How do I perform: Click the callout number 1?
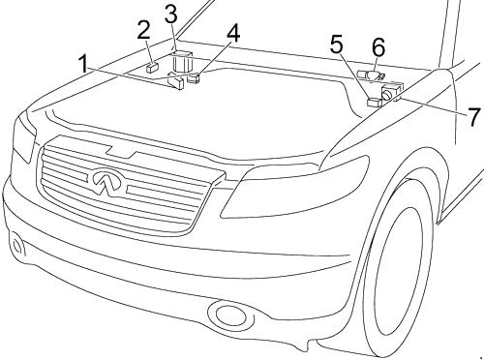coord(83,64)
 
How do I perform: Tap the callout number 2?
coord(143,30)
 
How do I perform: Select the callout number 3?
coord(171,15)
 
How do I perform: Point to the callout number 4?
coord(233,34)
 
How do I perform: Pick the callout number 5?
coord(337,45)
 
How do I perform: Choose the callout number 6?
coord(378,47)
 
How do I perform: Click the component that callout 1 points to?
coord(176,81)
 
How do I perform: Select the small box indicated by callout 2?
coord(152,68)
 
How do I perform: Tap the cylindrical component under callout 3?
coord(182,61)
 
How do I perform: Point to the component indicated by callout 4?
coord(194,78)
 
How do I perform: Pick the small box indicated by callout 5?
coord(375,102)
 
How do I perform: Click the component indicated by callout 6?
coord(371,75)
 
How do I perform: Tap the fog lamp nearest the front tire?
coord(228,314)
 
